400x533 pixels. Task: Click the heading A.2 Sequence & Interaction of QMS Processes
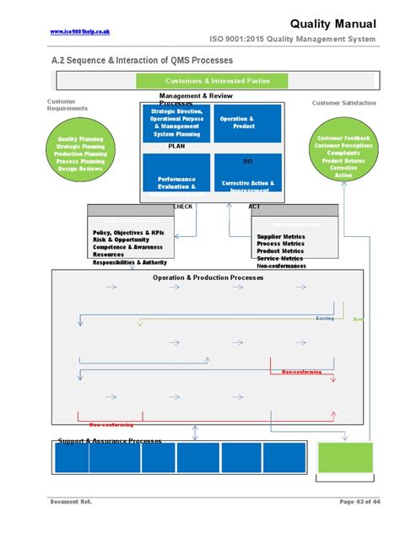pyautogui.click(x=142, y=62)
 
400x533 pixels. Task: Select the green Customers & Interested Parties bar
pyautogui.click(x=212, y=81)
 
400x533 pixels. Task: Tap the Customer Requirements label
pyautogui.click(x=67, y=105)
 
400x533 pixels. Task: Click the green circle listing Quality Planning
pyautogui.click(x=80, y=154)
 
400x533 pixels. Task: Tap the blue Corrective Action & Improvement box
pyautogui.click(x=247, y=176)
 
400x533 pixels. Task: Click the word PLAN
pyautogui.click(x=176, y=146)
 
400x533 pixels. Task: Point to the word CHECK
pyautogui.click(x=182, y=206)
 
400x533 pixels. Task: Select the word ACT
pyautogui.click(x=254, y=206)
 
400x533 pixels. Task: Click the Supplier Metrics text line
pyautogui.click(x=280, y=236)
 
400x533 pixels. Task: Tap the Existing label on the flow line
pyautogui.click(x=325, y=319)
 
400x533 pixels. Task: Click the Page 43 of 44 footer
pyautogui.click(x=359, y=503)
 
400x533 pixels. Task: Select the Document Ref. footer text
pyautogui.click(x=71, y=503)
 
